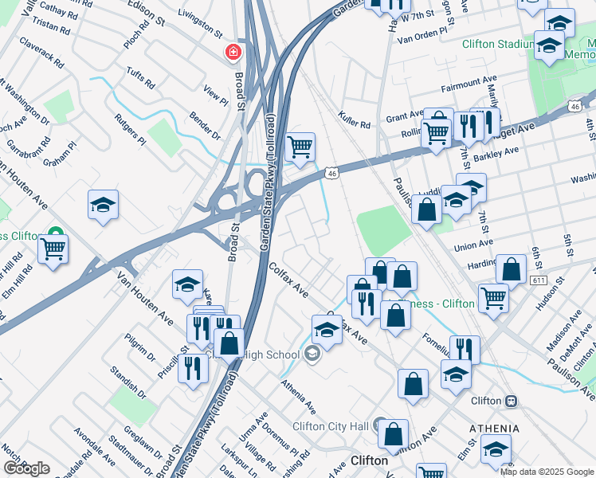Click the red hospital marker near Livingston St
[x=233, y=53]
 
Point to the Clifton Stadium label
[x=499, y=44]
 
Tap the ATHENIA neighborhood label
[x=494, y=429]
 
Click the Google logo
[x=26, y=468]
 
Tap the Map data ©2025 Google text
[x=547, y=472]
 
